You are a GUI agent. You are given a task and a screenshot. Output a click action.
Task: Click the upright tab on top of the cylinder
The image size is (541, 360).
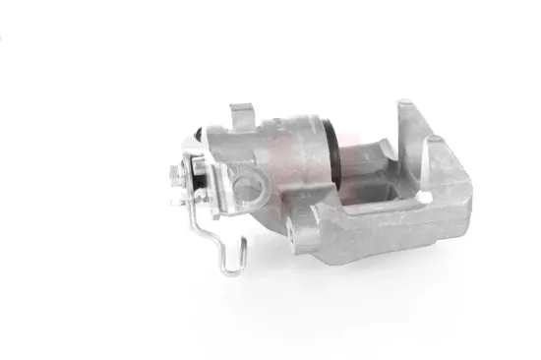click(238, 116)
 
